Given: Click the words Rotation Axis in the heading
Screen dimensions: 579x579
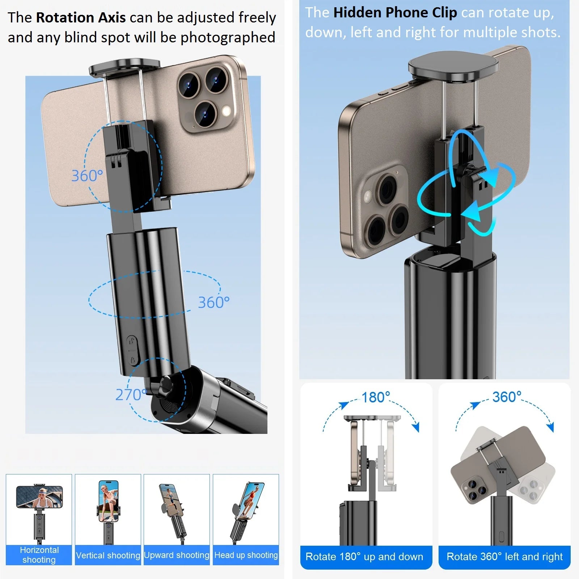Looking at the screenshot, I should [81, 18].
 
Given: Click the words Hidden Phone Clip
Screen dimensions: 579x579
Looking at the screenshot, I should [395, 13].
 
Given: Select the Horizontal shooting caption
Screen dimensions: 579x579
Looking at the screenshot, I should [39, 555].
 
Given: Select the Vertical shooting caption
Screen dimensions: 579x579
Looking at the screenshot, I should [108, 555].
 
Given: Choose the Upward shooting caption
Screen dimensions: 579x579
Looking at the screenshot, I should [177, 555].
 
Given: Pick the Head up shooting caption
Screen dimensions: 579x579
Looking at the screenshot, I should [246, 555].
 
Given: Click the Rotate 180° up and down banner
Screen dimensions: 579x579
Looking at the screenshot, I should [364, 557].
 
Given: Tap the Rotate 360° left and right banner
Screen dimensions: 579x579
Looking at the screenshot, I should [504, 557].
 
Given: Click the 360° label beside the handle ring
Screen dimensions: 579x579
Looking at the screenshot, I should [214, 303].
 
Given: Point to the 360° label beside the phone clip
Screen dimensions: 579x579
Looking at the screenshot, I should [87, 176].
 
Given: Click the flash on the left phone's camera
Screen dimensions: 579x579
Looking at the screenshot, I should [227, 111].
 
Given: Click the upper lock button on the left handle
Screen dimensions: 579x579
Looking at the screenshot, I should [132, 341].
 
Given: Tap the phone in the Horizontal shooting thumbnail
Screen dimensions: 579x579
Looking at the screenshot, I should [39, 496].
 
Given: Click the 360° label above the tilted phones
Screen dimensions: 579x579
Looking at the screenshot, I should [507, 397].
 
